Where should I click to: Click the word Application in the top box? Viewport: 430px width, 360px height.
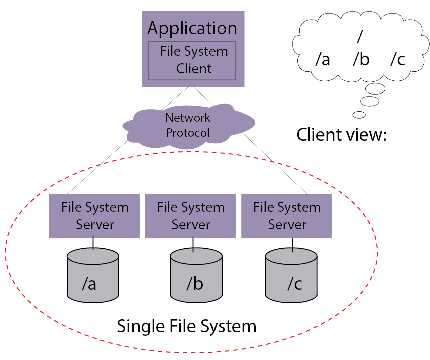192,28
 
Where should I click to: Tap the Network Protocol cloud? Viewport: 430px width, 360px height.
188,126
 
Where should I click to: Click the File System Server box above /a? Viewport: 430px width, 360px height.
95,216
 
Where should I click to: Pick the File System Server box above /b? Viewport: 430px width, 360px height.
191,216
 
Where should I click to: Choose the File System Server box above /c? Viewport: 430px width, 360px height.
287,216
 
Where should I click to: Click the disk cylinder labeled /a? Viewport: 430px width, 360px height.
93,278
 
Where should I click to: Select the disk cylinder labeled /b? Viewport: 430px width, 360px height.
196,278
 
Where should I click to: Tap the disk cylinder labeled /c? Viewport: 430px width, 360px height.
291,278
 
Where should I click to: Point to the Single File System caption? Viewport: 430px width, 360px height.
186,326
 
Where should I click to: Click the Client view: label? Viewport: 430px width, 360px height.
342,135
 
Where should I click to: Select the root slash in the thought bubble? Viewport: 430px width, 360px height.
359,37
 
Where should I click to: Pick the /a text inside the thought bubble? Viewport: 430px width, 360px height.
323,60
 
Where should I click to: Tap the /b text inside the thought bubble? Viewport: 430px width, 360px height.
361,60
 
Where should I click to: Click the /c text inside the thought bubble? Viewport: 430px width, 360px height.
397,60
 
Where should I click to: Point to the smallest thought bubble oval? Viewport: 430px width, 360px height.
359,114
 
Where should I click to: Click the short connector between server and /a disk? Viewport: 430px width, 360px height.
93,244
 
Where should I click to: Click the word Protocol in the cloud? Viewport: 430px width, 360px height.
188,133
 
